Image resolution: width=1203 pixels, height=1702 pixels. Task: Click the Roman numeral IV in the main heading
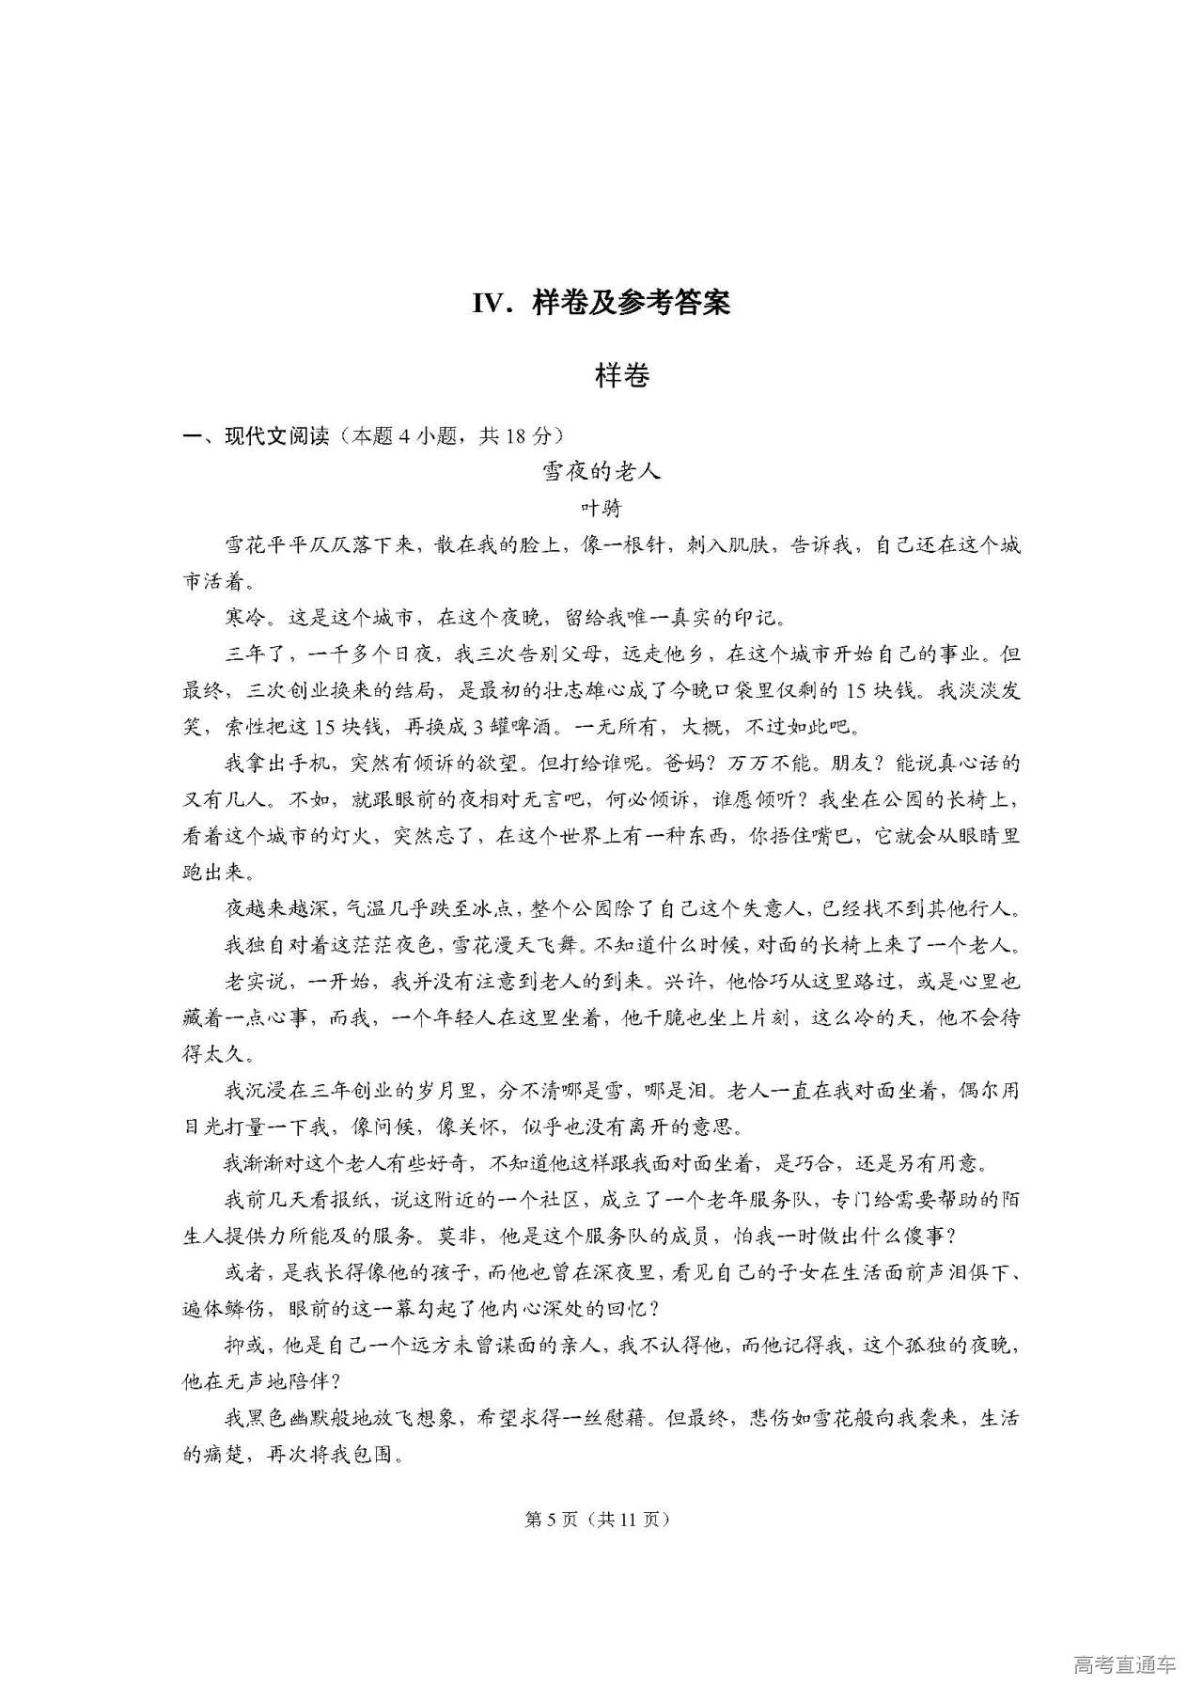pyautogui.click(x=492, y=303)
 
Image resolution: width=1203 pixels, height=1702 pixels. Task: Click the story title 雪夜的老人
pyautogui.click(x=601, y=471)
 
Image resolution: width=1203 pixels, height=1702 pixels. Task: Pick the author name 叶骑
pyautogui.click(x=601, y=508)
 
